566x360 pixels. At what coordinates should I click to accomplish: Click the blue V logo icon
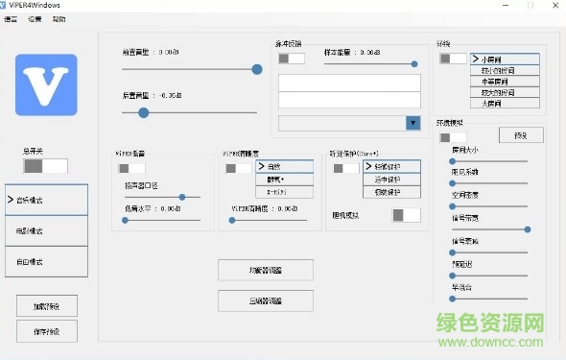[46, 85]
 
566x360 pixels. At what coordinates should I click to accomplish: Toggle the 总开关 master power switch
[45, 166]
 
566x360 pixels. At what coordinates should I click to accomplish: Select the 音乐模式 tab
[46, 200]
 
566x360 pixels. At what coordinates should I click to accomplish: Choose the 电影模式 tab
[46, 230]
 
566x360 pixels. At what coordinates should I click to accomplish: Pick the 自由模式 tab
[46, 261]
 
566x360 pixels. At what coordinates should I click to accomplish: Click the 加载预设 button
[46, 306]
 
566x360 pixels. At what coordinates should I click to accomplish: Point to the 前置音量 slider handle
[257, 69]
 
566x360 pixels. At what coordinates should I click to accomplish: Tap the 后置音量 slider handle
[144, 112]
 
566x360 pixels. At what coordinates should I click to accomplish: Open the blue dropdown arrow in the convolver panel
[413, 123]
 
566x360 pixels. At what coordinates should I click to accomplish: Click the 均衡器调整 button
[266, 271]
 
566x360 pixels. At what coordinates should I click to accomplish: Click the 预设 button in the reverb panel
[521, 134]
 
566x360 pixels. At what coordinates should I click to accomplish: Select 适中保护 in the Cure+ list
[391, 180]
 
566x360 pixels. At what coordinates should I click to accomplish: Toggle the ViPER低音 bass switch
[131, 169]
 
